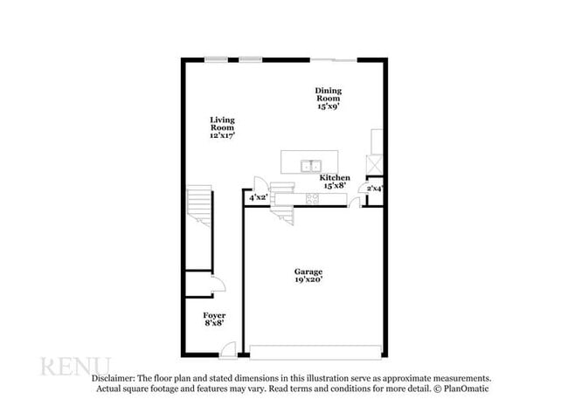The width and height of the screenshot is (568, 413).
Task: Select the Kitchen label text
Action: point(335,177)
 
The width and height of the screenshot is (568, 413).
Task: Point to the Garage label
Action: point(308,272)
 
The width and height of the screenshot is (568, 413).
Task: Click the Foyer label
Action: point(214,314)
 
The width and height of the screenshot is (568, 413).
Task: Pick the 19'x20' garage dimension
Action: point(308,280)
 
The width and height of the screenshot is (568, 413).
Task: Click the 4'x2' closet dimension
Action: point(258,198)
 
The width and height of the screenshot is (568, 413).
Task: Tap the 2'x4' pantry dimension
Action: point(374,188)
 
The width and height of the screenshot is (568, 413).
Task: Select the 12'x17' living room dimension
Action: point(222,135)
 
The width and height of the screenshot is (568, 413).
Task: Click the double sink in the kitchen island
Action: point(310,165)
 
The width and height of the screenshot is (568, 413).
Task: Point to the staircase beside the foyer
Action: point(199,227)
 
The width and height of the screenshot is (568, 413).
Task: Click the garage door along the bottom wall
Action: point(315,352)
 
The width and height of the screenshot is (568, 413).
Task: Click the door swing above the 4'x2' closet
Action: point(259,183)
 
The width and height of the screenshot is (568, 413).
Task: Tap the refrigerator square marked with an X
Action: point(376,164)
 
